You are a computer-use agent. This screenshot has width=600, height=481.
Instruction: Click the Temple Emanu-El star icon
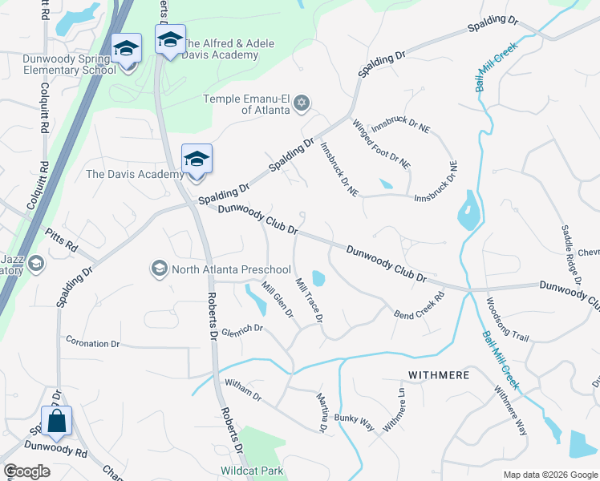(302, 103)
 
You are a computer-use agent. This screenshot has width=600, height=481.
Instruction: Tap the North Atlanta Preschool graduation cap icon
(159, 269)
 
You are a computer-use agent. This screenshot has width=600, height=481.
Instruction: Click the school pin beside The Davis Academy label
(196, 160)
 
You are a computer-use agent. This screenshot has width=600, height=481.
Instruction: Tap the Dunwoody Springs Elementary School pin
(126, 49)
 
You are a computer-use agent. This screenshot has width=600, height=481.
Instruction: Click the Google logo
(26, 471)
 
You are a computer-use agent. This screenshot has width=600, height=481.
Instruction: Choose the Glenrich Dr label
(242, 329)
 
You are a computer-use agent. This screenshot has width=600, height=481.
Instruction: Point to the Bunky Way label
(355, 422)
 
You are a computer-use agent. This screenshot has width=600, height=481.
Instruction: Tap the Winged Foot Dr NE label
(381, 143)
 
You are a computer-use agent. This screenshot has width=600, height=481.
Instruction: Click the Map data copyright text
(549, 475)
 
